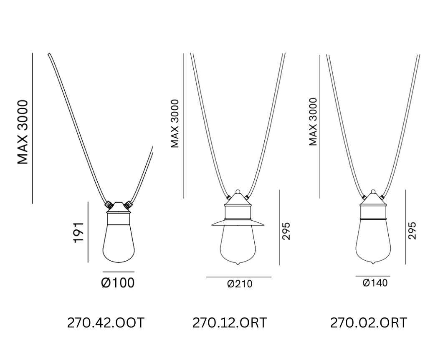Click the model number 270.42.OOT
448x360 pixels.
tap(106, 323)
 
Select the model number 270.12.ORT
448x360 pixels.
tap(230, 323)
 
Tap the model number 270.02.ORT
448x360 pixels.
tap(369, 323)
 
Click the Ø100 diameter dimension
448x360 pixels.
tap(118, 283)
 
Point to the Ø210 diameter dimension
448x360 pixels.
tap(240, 284)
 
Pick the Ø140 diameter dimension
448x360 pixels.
tap(375, 283)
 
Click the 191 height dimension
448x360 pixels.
tap(78, 232)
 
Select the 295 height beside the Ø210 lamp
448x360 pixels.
tap(286, 231)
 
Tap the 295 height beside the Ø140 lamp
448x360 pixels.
tap(412, 230)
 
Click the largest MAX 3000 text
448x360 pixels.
tap(23, 132)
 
